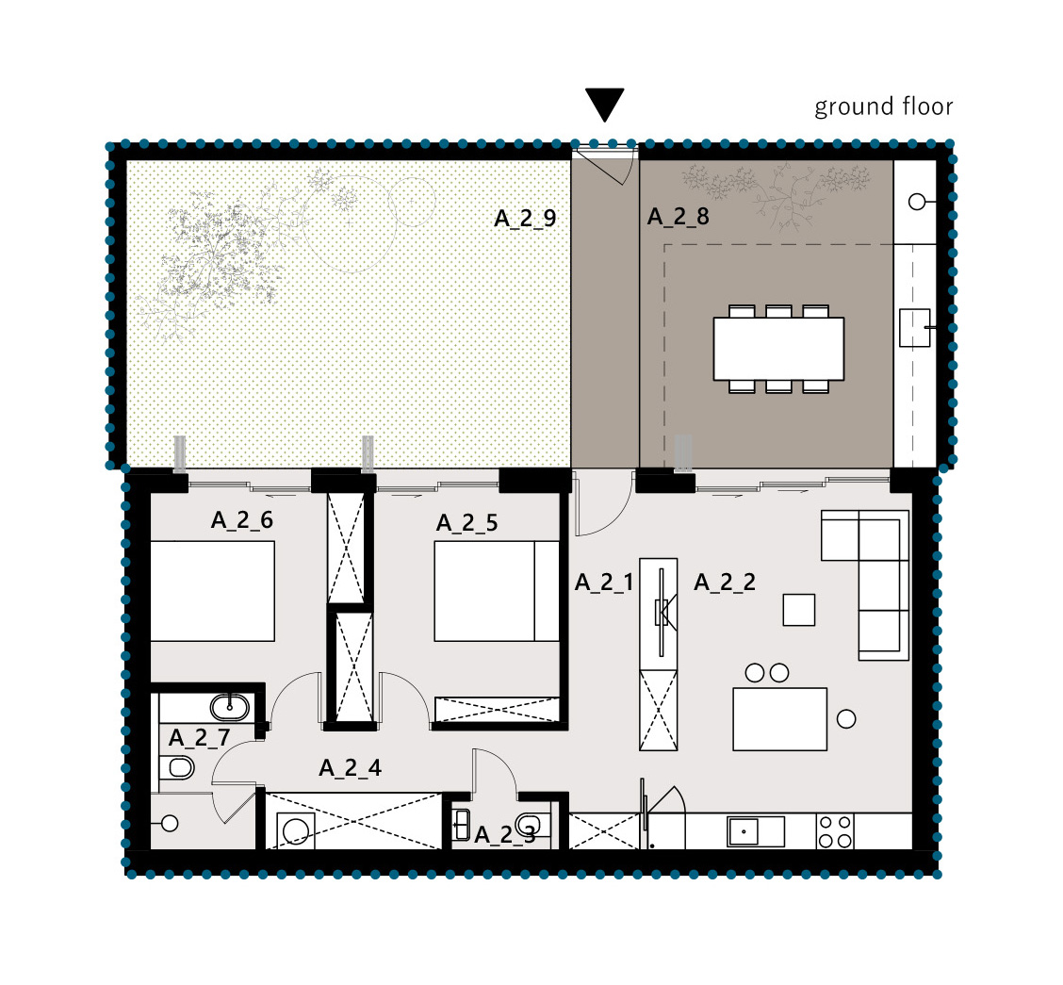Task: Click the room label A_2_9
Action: coord(526,219)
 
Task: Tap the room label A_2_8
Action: coord(678,216)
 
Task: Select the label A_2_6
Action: coord(242,520)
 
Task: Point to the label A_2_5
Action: coord(467,523)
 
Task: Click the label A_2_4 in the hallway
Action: coord(350,768)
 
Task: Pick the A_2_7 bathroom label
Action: coord(200,737)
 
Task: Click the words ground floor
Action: coord(883,107)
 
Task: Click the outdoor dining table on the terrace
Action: coord(779,349)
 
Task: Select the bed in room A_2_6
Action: coord(212,591)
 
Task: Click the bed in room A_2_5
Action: coord(497,591)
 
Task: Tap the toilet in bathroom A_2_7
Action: coord(177,768)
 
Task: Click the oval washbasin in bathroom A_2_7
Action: coord(230,707)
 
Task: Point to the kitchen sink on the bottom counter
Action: coord(756,831)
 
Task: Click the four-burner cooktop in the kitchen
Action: coord(835,831)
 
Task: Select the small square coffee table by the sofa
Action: coord(798,610)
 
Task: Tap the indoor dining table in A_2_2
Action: coord(779,719)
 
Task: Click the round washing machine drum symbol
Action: coord(296,831)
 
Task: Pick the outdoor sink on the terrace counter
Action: coord(914,328)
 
